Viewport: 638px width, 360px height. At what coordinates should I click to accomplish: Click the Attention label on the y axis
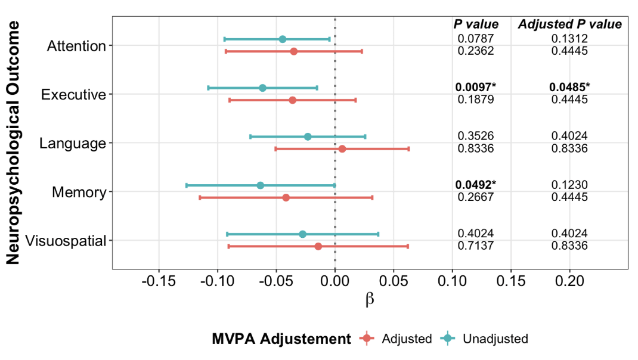coord(76,46)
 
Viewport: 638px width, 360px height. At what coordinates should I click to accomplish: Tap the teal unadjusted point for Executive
coord(262,88)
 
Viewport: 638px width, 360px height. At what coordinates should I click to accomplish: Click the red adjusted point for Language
coord(342,148)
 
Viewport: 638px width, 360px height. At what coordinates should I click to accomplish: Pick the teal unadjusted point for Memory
coord(260,185)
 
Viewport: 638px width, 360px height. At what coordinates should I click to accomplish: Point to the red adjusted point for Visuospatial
coord(318,246)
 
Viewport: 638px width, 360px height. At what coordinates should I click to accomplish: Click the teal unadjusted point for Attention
coord(283,39)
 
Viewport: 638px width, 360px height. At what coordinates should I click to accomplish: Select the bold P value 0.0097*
coord(475,88)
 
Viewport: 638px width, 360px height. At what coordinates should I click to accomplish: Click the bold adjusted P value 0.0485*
coord(569,88)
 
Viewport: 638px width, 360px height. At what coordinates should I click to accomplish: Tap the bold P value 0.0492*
coord(475,185)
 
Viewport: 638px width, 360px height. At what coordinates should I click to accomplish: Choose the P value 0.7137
coord(475,246)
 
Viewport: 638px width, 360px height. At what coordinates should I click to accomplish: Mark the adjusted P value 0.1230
coord(569,185)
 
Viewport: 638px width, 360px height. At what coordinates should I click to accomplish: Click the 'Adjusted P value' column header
coord(569,24)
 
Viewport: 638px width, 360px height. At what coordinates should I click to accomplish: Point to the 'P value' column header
coord(475,24)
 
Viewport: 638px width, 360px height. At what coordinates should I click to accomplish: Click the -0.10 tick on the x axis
coord(217,281)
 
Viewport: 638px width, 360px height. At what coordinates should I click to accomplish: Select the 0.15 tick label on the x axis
coord(511,281)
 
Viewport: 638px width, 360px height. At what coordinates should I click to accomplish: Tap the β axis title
coord(370,299)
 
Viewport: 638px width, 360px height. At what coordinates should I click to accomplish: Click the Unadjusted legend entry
coord(495,339)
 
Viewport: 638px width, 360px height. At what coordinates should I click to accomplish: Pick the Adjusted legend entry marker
coord(367,339)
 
